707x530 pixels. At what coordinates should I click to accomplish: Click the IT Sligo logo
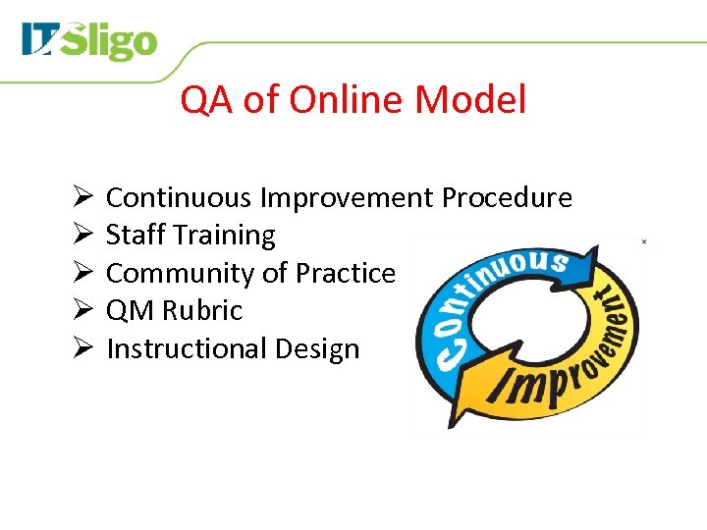89,42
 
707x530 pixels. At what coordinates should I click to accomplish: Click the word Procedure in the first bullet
507,198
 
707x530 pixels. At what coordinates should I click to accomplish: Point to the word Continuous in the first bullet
179,198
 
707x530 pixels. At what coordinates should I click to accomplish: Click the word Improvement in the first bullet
346,198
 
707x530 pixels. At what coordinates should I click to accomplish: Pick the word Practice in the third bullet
346,273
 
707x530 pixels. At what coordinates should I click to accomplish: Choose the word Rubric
202,311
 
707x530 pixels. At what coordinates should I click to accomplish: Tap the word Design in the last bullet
317,349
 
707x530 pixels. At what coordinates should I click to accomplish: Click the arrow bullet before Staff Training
82,236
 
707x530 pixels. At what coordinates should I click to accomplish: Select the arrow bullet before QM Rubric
82,311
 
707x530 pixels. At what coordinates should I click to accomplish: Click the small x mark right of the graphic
643,240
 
